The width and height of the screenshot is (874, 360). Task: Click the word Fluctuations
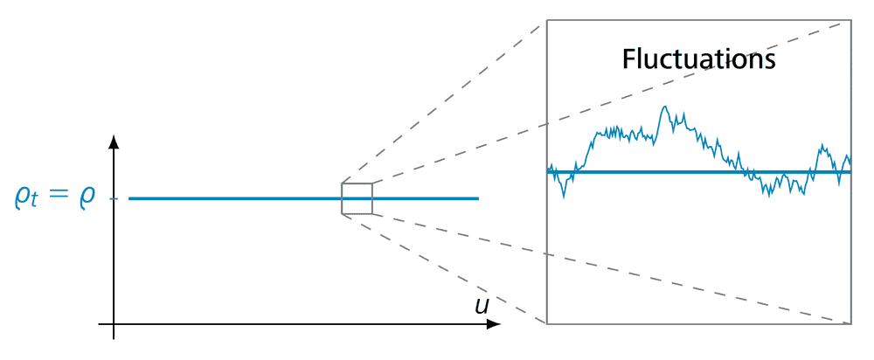click(x=698, y=59)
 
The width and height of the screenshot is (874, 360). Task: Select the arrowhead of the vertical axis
click(x=114, y=142)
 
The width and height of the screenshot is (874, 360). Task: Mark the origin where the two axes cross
click(x=114, y=324)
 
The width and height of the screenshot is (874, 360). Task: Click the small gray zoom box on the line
click(x=357, y=198)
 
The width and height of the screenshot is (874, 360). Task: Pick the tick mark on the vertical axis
click(x=114, y=198)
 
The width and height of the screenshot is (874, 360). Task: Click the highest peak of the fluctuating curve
click(x=666, y=107)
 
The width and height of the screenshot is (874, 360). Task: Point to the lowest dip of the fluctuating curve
click(x=564, y=197)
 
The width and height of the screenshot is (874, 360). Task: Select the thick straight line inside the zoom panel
click(x=699, y=172)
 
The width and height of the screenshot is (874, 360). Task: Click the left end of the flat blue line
click(x=130, y=198)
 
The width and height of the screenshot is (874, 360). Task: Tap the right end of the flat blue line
click(x=478, y=198)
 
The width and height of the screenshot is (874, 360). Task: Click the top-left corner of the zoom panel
click(x=547, y=19)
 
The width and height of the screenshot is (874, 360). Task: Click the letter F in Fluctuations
click(x=629, y=59)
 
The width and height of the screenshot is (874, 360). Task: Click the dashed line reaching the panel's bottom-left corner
click(x=446, y=269)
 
